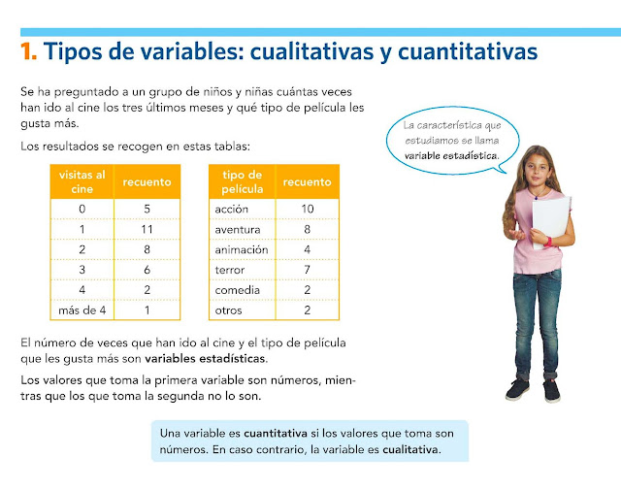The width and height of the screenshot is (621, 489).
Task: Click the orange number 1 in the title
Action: tap(28, 50)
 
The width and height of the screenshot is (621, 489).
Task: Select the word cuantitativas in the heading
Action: tap(459, 50)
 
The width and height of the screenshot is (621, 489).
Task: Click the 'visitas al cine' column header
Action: tap(82, 181)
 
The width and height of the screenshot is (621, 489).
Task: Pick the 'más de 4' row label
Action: tap(82, 310)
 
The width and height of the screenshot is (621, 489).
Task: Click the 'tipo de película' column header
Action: tap(243, 181)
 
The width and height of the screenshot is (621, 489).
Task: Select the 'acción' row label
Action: tap(233, 209)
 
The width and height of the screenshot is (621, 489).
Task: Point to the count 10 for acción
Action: tap(308, 209)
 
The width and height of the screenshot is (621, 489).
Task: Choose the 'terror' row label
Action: tap(230, 270)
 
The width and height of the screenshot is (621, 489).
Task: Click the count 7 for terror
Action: tap(308, 270)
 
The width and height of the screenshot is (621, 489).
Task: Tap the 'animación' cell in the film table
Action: tap(240, 249)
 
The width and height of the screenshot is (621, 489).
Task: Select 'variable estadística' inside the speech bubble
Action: tap(451, 155)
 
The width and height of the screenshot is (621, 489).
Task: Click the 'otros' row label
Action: tap(228, 310)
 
